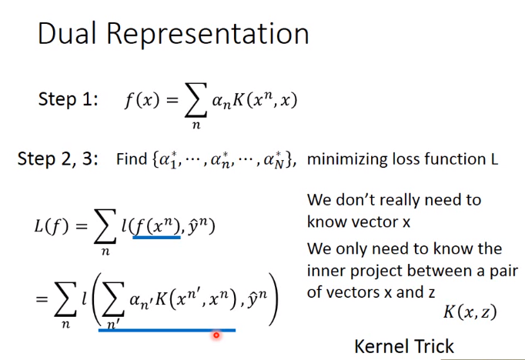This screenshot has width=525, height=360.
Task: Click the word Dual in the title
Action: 67,33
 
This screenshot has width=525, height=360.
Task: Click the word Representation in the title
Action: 208,34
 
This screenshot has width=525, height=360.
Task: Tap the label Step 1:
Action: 69,99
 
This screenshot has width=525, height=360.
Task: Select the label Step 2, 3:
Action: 58,158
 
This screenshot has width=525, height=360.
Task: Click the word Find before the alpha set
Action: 132,159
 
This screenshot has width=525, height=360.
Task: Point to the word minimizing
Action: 347,159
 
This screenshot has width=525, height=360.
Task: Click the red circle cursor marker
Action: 216,335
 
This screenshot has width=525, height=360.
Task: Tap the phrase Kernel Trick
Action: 404,346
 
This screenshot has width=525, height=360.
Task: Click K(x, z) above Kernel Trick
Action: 470,312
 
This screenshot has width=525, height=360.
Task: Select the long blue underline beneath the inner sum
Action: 167,330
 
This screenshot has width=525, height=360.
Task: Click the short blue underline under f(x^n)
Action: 157,237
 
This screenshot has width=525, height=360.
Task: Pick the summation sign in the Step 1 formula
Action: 196,100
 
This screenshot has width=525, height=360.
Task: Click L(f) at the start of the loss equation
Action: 52,226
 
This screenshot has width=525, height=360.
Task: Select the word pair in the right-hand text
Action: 504,272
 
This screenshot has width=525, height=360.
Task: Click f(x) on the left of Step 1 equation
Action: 142,100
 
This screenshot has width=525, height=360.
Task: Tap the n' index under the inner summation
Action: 112,324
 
